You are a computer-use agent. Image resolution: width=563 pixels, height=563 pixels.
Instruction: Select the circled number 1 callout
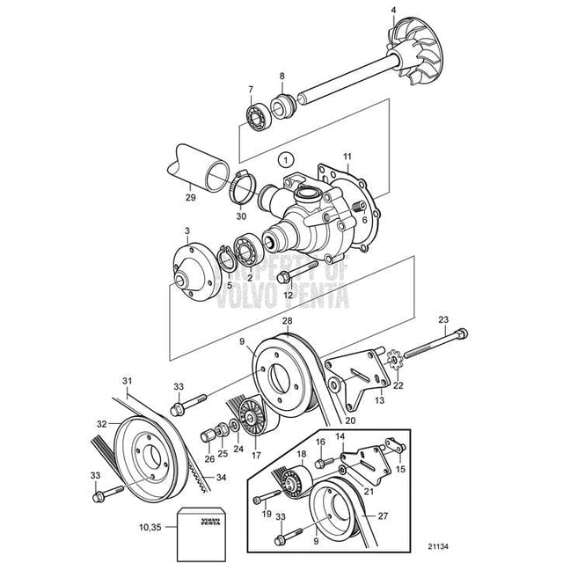pyautogui.click(x=284, y=161)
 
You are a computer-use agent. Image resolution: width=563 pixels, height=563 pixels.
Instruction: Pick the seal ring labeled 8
pyautogui.click(x=283, y=105)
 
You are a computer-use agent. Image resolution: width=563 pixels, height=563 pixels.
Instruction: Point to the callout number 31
pyautogui.click(x=128, y=381)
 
